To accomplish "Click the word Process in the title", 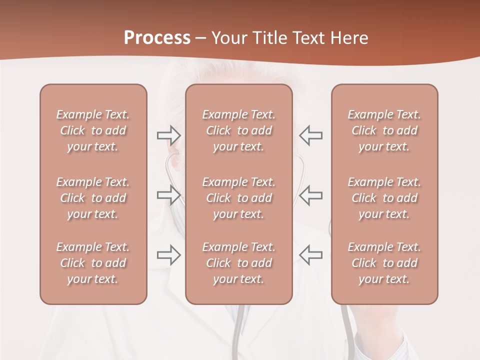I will coord(157,38).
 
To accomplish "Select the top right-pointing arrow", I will coord(168,135).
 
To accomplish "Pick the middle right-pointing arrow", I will coord(168,195).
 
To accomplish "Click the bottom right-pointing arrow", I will coord(168,255).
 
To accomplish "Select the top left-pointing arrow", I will coord(310,135).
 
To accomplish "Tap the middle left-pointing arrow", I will coord(310,195).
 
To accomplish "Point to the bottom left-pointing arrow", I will coord(310,255).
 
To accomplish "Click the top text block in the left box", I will coord(93,130).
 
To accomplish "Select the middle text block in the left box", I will coord(93,198).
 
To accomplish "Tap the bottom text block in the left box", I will coord(93,263).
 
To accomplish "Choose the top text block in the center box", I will coord(239,130).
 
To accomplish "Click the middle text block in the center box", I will coord(239,198).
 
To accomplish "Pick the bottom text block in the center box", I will coord(239,263).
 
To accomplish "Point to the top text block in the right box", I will coord(384,130).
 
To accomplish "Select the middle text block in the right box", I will coord(384,198).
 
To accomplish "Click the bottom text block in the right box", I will coord(384,263).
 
